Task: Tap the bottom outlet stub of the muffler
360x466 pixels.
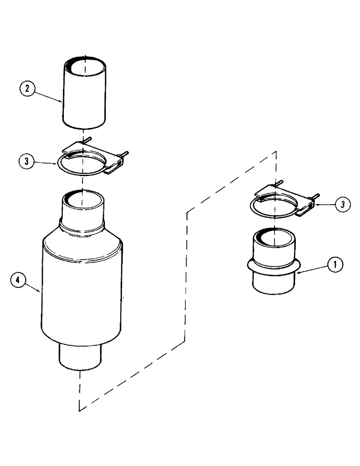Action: (79, 356)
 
